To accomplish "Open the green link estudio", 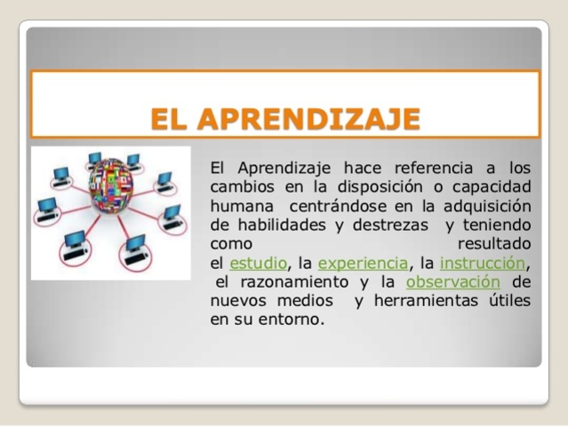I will coord(259,263).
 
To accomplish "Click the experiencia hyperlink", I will coord(363,263).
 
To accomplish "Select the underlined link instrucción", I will coord(483,263).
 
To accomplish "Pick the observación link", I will coord(452,282).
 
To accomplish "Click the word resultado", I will coord(493,243).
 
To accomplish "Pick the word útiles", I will coord(506,302).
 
